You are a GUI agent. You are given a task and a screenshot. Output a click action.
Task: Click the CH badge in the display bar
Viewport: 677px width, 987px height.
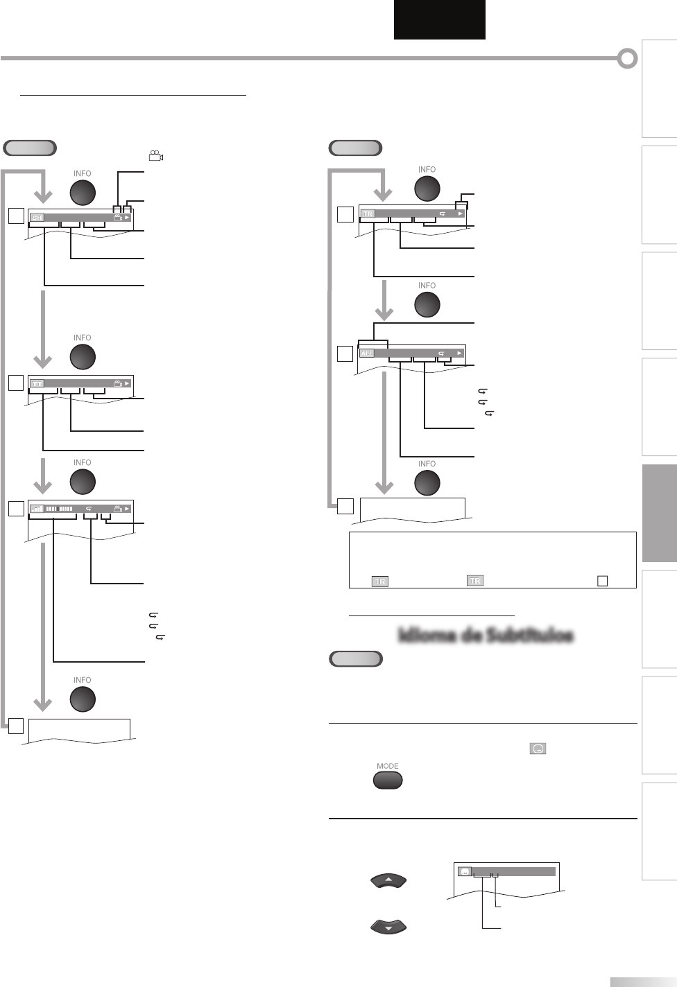pyautogui.click(x=37, y=218)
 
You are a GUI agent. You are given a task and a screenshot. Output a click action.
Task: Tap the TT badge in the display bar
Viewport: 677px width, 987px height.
pyautogui.click(x=37, y=383)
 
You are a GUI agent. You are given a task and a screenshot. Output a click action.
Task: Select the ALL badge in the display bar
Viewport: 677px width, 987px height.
pyautogui.click(x=367, y=353)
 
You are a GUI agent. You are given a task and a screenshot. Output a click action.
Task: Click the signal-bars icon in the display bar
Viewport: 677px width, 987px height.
pyautogui.click(x=37, y=508)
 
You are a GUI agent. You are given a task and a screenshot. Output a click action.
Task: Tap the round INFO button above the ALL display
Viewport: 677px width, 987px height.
pyautogui.click(x=427, y=304)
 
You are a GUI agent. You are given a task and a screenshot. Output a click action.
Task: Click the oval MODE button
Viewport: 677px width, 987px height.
pyautogui.click(x=388, y=780)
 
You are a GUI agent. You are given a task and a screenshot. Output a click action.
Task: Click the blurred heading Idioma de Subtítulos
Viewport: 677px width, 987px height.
pyautogui.click(x=486, y=636)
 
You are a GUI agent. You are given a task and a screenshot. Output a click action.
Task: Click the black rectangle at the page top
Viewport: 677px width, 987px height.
pyautogui.click(x=440, y=19)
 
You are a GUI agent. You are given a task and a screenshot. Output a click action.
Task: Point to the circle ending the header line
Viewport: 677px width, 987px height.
pyautogui.click(x=627, y=59)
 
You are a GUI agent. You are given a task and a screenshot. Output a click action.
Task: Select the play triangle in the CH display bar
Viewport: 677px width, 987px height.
pyautogui.click(x=127, y=218)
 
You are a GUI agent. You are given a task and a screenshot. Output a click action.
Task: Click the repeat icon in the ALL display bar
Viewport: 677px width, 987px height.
pyautogui.click(x=442, y=353)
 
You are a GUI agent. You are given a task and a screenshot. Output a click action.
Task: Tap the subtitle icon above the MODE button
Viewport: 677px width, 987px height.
pyautogui.click(x=538, y=749)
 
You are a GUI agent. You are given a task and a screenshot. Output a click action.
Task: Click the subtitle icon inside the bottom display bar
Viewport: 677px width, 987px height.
pyautogui.click(x=465, y=872)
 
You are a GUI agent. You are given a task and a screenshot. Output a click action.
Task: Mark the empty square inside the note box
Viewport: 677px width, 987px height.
pyautogui.click(x=602, y=581)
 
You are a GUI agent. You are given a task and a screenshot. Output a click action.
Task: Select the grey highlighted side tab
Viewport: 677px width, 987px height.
pyautogui.click(x=660, y=513)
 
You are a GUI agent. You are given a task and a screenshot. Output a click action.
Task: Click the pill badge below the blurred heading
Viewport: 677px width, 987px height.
pyautogui.click(x=355, y=658)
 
